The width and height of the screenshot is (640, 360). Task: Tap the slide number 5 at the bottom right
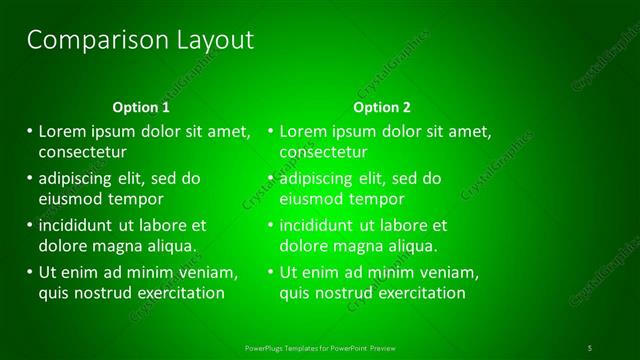click(589, 347)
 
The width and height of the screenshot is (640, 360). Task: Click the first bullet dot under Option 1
click(29, 131)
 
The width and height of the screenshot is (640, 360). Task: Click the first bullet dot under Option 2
click(270, 131)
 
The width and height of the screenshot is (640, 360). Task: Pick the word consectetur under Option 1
click(82, 153)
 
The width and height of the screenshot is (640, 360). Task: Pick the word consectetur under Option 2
click(323, 153)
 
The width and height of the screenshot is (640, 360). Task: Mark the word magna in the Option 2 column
click(369, 245)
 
